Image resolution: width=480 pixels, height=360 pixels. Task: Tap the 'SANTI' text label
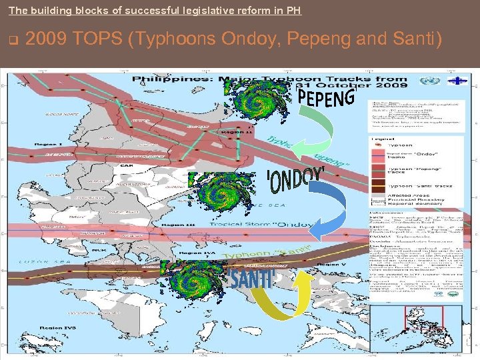[252, 279]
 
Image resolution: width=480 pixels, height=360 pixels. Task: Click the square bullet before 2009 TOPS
[13, 40]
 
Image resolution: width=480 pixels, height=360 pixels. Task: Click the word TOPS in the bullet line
[97, 39]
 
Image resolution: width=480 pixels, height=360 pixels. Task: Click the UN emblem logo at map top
[426, 81]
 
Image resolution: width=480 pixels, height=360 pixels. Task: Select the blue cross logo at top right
[455, 81]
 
